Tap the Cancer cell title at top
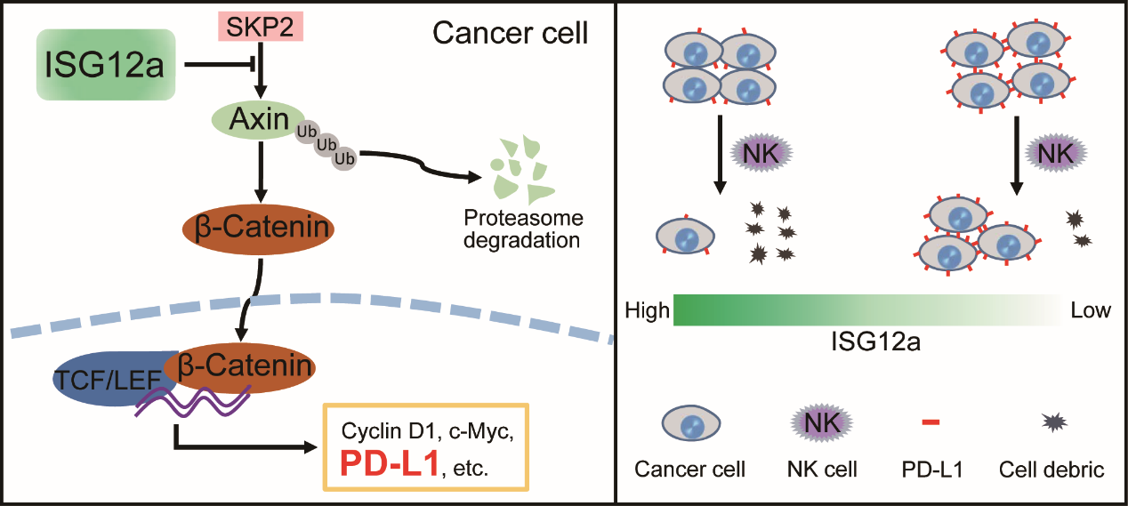pos(510,35)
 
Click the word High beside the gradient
pos(647,310)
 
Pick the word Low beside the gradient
pos(1091,310)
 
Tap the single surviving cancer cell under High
pos(685,238)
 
